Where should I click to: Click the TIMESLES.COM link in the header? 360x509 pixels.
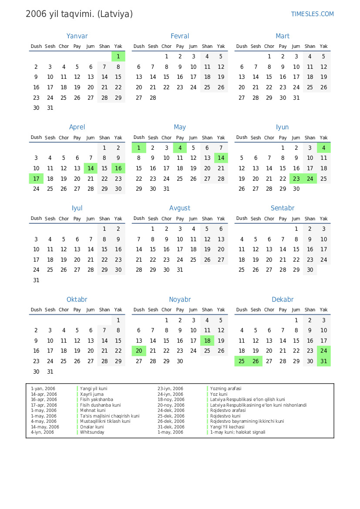pyautogui.click(x=312, y=14)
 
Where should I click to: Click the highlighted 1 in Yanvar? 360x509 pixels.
pyautogui.click(x=118, y=57)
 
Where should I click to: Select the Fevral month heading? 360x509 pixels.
pyautogui.click(x=180, y=36)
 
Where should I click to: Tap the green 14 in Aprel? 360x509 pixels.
pyautogui.click(x=91, y=169)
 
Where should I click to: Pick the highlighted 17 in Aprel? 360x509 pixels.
pyautogui.click(x=36, y=179)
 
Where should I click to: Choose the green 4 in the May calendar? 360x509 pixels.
pyautogui.click(x=180, y=148)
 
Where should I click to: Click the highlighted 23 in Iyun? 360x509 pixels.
pyautogui.click(x=296, y=179)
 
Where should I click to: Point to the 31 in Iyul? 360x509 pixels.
pyautogui.click(x=36, y=280)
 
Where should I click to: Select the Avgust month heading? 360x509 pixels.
pyautogui.click(x=180, y=208)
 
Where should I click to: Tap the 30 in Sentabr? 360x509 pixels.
pyautogui.click(x=310, y=270)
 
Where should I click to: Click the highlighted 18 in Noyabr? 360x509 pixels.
pyautogui.click(x=207, y=341)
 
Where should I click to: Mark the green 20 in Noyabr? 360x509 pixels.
pyautogui.click(x=139, y=351)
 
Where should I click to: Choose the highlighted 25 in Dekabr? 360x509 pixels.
pyautogui.click(x=242, y=361)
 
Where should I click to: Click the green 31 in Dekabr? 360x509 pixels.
pyautogui.click(x=323, y=361)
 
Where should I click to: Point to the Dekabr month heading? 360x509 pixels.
pyautogui.click(x=283, y=300)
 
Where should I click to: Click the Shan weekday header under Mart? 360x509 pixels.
pyautogui.click(x=310, y=47)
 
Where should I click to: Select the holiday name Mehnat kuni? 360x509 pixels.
pyautogui.click(x=93, y=411)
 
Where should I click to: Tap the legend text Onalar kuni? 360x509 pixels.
pyautogui.click(x=92, y=427)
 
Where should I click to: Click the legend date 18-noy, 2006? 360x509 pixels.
pyautogui.click(x=171, y=400)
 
